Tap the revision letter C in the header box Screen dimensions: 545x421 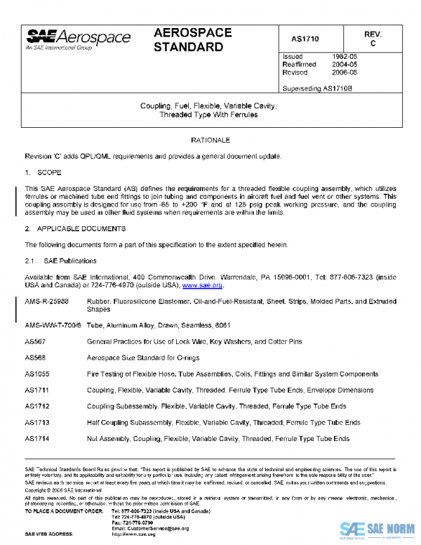tap(373, 44)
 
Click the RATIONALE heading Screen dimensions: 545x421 tap(210, 140)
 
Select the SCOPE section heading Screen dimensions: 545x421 tap(51, 171)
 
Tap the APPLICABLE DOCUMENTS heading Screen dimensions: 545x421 tap(81, 229)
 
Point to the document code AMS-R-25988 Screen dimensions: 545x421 tap(50, 301)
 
